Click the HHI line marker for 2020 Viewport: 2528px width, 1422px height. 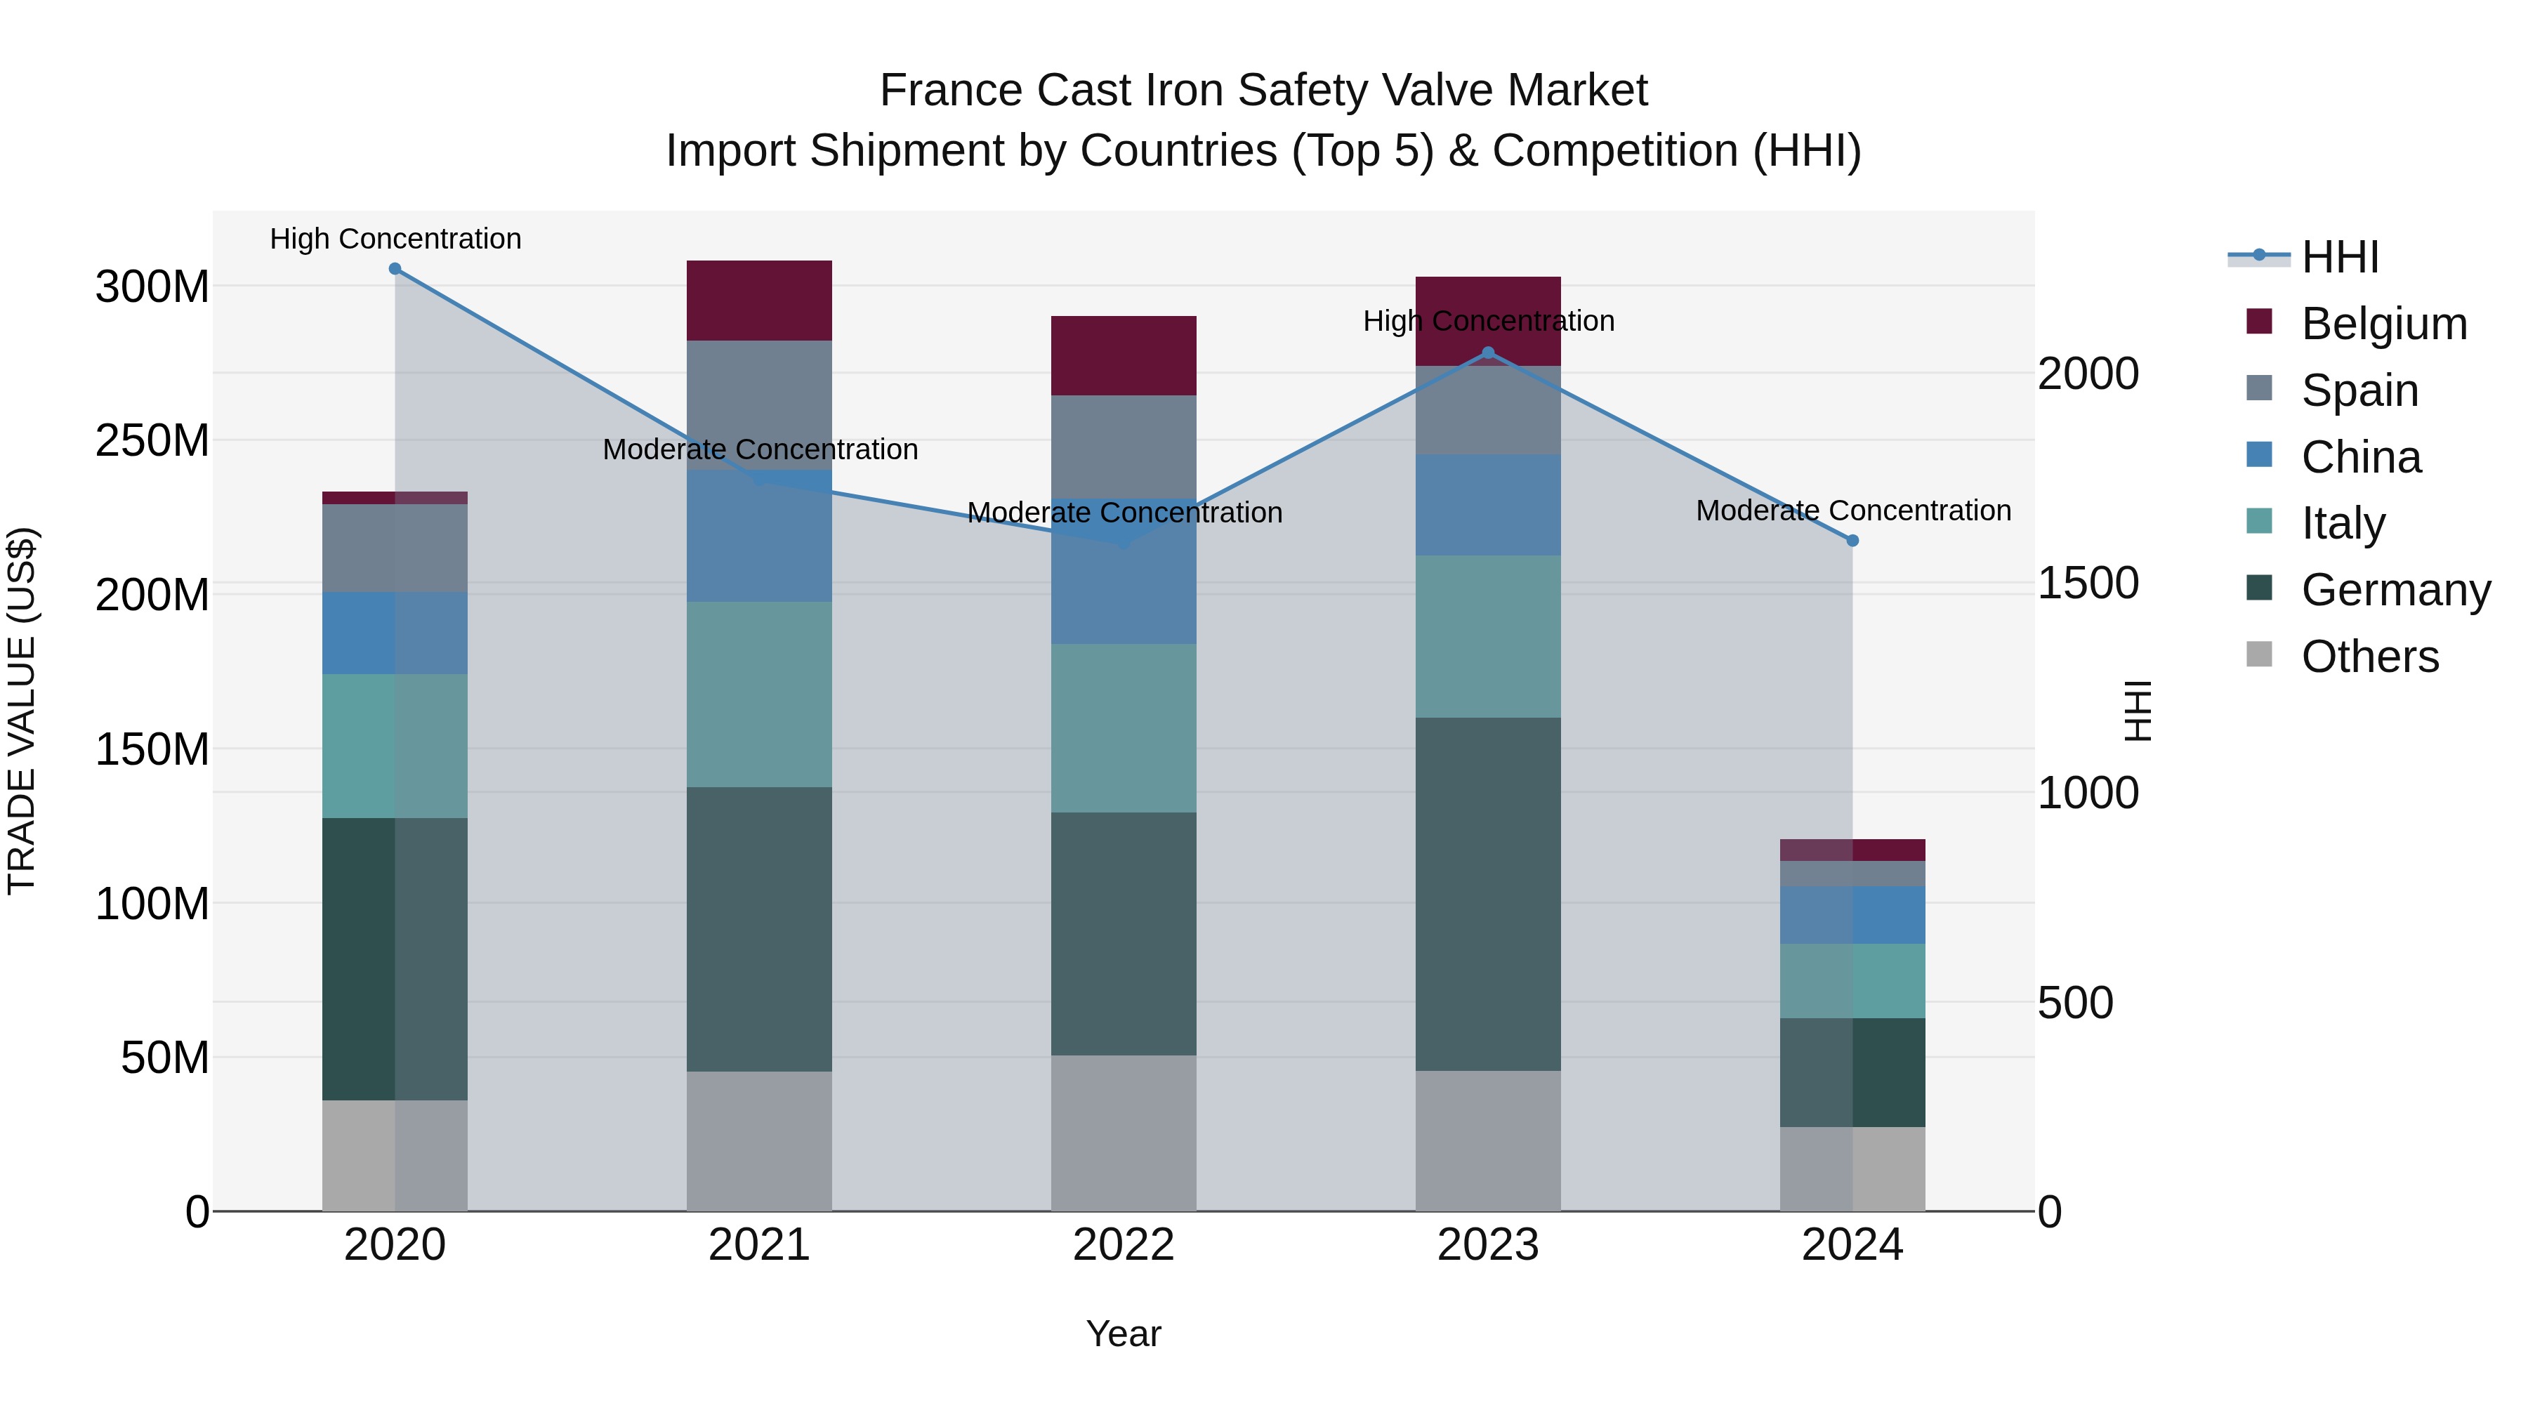pyautogui.click(x=395, y=269)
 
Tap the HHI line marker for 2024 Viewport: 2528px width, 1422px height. pyautogui.click(x=1852, y=541)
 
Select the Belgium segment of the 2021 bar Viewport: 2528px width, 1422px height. pyautogui.click(x=758, y=301)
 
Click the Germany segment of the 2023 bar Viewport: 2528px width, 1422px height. pyautogui.click(x=1488, y=893)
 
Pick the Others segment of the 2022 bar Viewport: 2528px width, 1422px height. pyautogui.click(x=1124, y=1133)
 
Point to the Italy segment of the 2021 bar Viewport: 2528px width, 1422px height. pyautogui.click(x=758, y=694)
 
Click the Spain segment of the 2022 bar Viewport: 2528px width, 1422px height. pyautogui.click(x=1124, y=447)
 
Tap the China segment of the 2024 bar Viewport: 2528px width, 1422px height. pyautogui.click(x=1852, y=914)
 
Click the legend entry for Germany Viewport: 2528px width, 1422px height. pyautogui.click(x=2395, y=590)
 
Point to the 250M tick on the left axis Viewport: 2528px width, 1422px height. pyautogui.click(x=152, y=440)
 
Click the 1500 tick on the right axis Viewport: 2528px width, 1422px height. pyautogui.click(x=2088, y=583)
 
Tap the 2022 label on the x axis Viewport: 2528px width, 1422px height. pyautogui.click(x=1124, y=1245)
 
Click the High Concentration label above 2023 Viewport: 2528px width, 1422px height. pyautogui.click(x=1488, y=321)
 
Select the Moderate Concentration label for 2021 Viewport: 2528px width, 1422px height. pyautogui.click(x=760, y=449)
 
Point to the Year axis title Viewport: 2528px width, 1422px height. pyautogui.click(x=1124, y=1334)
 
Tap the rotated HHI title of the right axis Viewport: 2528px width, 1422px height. pyautogui.click(x=2136, y=711)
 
